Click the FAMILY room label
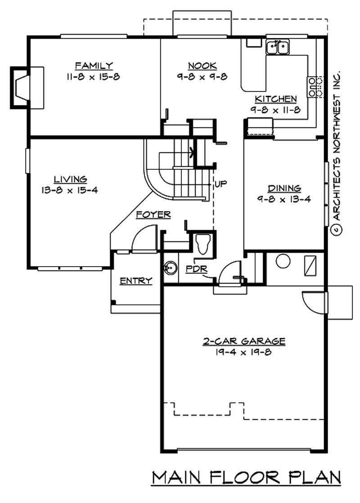pos(94,66)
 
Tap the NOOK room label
pos(202,66)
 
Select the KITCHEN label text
pos(275,99)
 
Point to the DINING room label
pos(284,188)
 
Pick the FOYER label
pos(153,215)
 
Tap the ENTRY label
pos(135,281)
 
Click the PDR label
pos(194,269)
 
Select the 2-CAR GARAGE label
pos(243,341)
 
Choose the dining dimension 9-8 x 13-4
pos(284,199)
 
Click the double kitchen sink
pos(278,46)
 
